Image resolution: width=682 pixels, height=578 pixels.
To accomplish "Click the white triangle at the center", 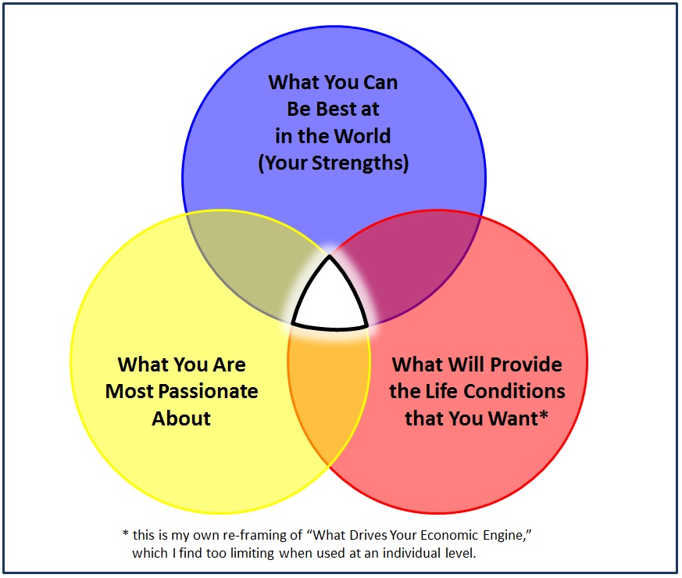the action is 330,300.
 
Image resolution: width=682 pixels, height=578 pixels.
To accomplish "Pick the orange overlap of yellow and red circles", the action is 329,392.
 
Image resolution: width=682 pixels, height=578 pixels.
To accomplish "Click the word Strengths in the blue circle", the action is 360,163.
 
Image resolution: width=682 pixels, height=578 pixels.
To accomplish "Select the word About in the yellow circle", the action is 181,418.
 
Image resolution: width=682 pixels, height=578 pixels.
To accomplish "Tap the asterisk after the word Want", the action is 544,415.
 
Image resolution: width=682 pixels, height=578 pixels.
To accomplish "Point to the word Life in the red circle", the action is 442,391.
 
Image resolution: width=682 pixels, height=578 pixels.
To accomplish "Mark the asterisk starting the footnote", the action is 126,533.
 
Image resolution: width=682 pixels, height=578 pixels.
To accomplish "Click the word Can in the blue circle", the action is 380,82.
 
